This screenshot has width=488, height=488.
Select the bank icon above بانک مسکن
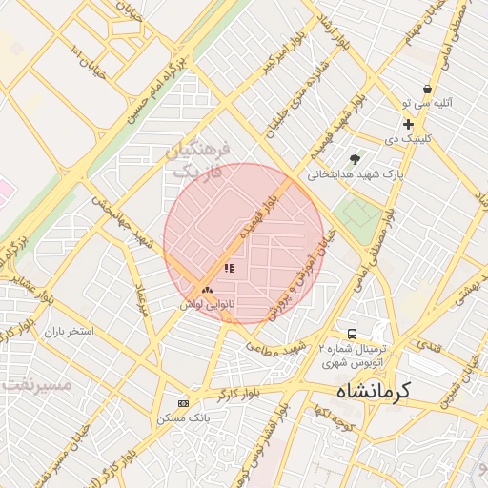coord(184,403)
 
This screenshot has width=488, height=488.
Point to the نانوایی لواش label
coord(208,304)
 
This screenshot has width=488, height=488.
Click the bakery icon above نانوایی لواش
coord(207,289)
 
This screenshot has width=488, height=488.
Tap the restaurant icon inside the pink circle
coord(229,269)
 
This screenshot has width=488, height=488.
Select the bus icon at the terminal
coord(352,335)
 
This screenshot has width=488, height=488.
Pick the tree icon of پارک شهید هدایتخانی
coord(356,159)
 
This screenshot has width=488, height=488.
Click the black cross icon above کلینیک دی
coord(408,124)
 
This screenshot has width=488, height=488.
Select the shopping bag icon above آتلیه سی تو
coord(426,89)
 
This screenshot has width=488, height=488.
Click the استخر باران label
coord(68,332)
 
